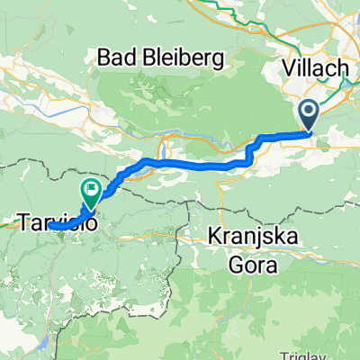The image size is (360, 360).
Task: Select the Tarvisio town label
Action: (52, 219)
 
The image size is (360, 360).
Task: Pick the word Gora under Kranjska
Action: (254, 265)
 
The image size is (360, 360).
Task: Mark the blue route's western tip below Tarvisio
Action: (50, 227)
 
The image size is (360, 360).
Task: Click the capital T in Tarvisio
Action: (22, 219)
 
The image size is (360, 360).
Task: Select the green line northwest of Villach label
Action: (261, 18)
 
